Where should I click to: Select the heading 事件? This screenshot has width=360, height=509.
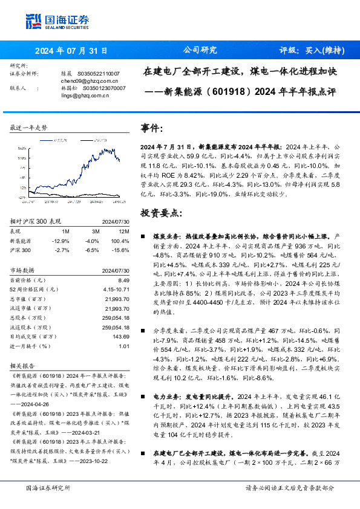pyautogui.click(x=152, y=129)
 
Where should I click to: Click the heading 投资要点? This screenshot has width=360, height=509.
pyautogui.click(x=160, y=213)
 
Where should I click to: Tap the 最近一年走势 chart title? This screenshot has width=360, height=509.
pyautogui.click(x=29, y=128)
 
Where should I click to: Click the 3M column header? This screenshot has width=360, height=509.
pyautogui.click(x=94, y=231)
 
